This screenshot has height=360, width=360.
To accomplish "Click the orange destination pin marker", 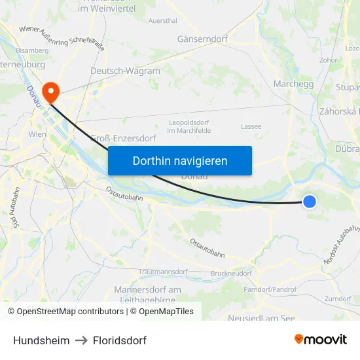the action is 50,90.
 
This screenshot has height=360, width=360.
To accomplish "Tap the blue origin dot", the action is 310,202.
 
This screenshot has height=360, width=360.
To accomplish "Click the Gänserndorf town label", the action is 202,39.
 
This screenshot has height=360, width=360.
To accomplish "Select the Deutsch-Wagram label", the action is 125,71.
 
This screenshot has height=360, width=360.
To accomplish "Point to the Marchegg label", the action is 293,84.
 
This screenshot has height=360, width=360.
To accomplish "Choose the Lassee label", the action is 251,126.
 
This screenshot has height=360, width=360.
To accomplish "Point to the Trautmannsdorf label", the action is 163,272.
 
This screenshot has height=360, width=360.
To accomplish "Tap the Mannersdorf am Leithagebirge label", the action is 147,295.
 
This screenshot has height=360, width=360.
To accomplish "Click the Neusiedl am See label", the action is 261,318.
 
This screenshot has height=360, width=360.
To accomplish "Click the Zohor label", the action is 329,60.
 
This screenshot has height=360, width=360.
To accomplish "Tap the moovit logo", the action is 320,340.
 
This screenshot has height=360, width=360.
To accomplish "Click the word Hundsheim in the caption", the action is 41,340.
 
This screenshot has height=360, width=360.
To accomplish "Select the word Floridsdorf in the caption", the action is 120,340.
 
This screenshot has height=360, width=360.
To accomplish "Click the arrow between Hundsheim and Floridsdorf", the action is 81,340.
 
